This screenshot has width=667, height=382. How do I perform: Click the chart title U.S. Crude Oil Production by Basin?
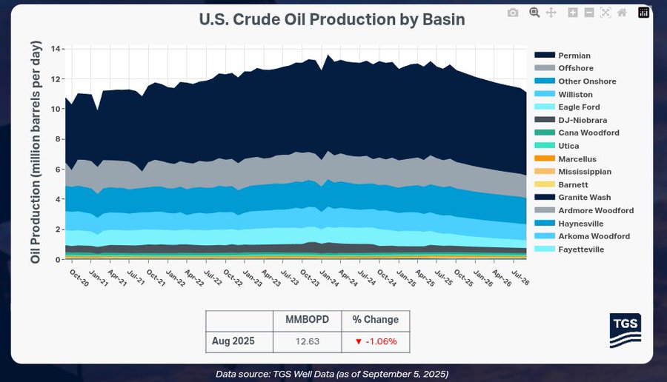[x=332, y=19]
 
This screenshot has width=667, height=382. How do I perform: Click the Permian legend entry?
[x=574, y=56]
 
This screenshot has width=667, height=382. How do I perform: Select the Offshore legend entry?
[x=576, y=68]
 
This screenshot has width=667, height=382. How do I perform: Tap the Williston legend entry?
[x=576, y=94]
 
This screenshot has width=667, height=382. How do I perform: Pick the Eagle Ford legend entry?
[x=579, y=107]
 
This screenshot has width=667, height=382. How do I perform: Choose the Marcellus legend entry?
[x=577, y=159]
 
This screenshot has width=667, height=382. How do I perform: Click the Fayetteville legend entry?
[x=581, y=249]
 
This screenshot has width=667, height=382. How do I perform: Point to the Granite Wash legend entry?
[x=585, y=198]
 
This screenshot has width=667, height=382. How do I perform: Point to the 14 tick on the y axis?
[x=56, y=49]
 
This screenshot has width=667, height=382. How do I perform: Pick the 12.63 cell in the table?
[x=308, y=341]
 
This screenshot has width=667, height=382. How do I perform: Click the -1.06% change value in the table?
[x=375, y=341]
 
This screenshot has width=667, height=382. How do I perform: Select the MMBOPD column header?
[x=308, y=320]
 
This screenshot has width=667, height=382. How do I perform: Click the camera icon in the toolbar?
[x=513, y=13]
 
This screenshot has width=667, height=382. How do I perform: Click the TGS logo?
[x=625, y=330]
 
